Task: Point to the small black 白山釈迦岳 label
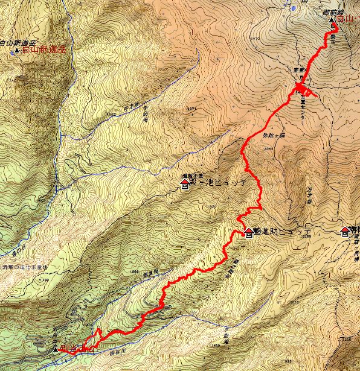click(x=14, y=43)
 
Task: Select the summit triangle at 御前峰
click(x=333, y=21)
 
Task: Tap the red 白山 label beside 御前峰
click(x=346, y=21)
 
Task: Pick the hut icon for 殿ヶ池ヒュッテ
click(x=184, y=183)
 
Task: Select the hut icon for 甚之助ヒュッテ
click(x=248, y=232)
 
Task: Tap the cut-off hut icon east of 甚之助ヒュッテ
click(x=345, y=230)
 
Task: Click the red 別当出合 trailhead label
click(x=79, y=349)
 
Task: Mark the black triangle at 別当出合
click(x=56, y=349)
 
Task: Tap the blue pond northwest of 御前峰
click(x=294, y=8)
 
